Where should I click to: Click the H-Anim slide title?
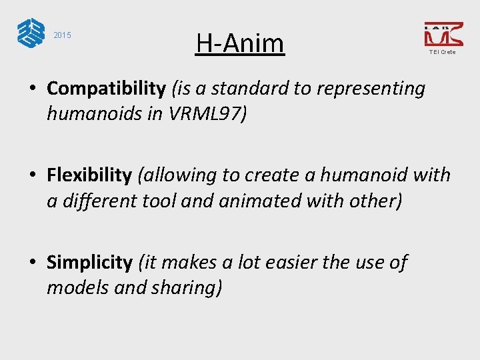240,43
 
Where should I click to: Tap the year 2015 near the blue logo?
62,35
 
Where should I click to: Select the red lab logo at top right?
443,33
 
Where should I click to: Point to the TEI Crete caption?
443,52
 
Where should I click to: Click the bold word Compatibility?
106,88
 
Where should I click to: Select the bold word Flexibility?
89,175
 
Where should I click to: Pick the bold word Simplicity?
89,263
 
